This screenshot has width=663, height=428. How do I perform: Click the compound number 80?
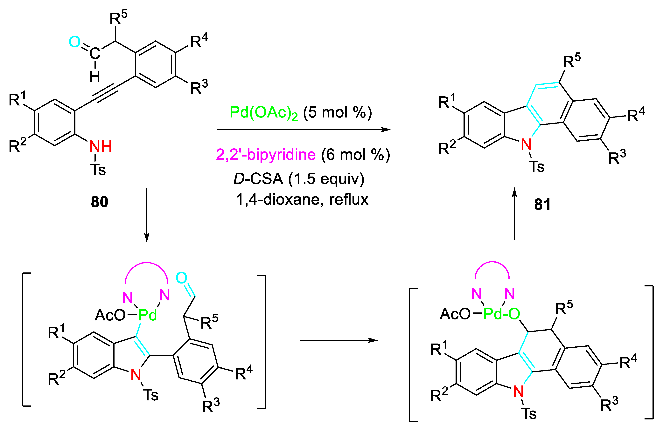99,202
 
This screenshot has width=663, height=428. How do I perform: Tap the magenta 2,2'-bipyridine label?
266,155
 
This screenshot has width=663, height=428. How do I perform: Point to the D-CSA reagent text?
258,179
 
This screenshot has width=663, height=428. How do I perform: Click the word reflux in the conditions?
349,200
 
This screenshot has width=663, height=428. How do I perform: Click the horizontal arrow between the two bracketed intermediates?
338,340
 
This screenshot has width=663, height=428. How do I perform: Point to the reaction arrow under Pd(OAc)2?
304,130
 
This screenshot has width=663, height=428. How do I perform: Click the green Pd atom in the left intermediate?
147,315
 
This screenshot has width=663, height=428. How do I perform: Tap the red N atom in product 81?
526,144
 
